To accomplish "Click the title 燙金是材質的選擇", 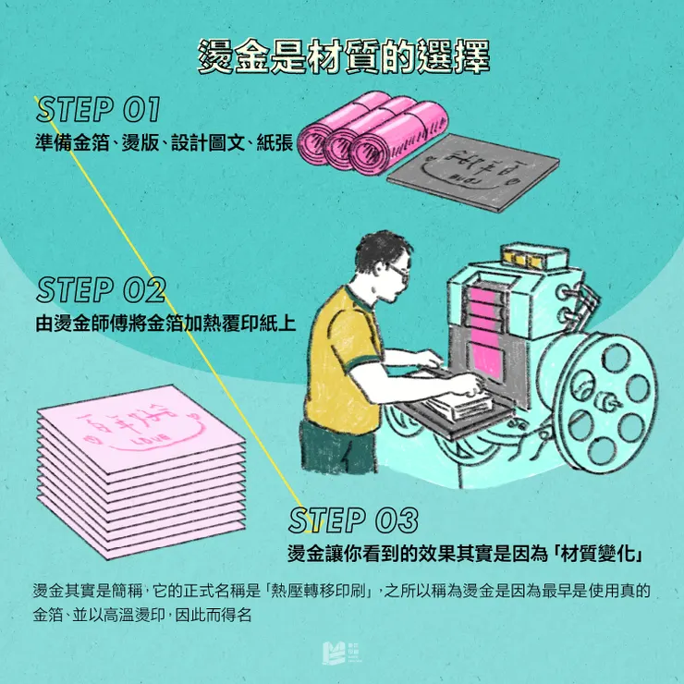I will click(x=343, y=57).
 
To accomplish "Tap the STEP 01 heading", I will click(x=98, y=110).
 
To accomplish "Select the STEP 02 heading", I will click(x=100, y=290).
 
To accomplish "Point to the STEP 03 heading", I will click(x=353, y=520).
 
